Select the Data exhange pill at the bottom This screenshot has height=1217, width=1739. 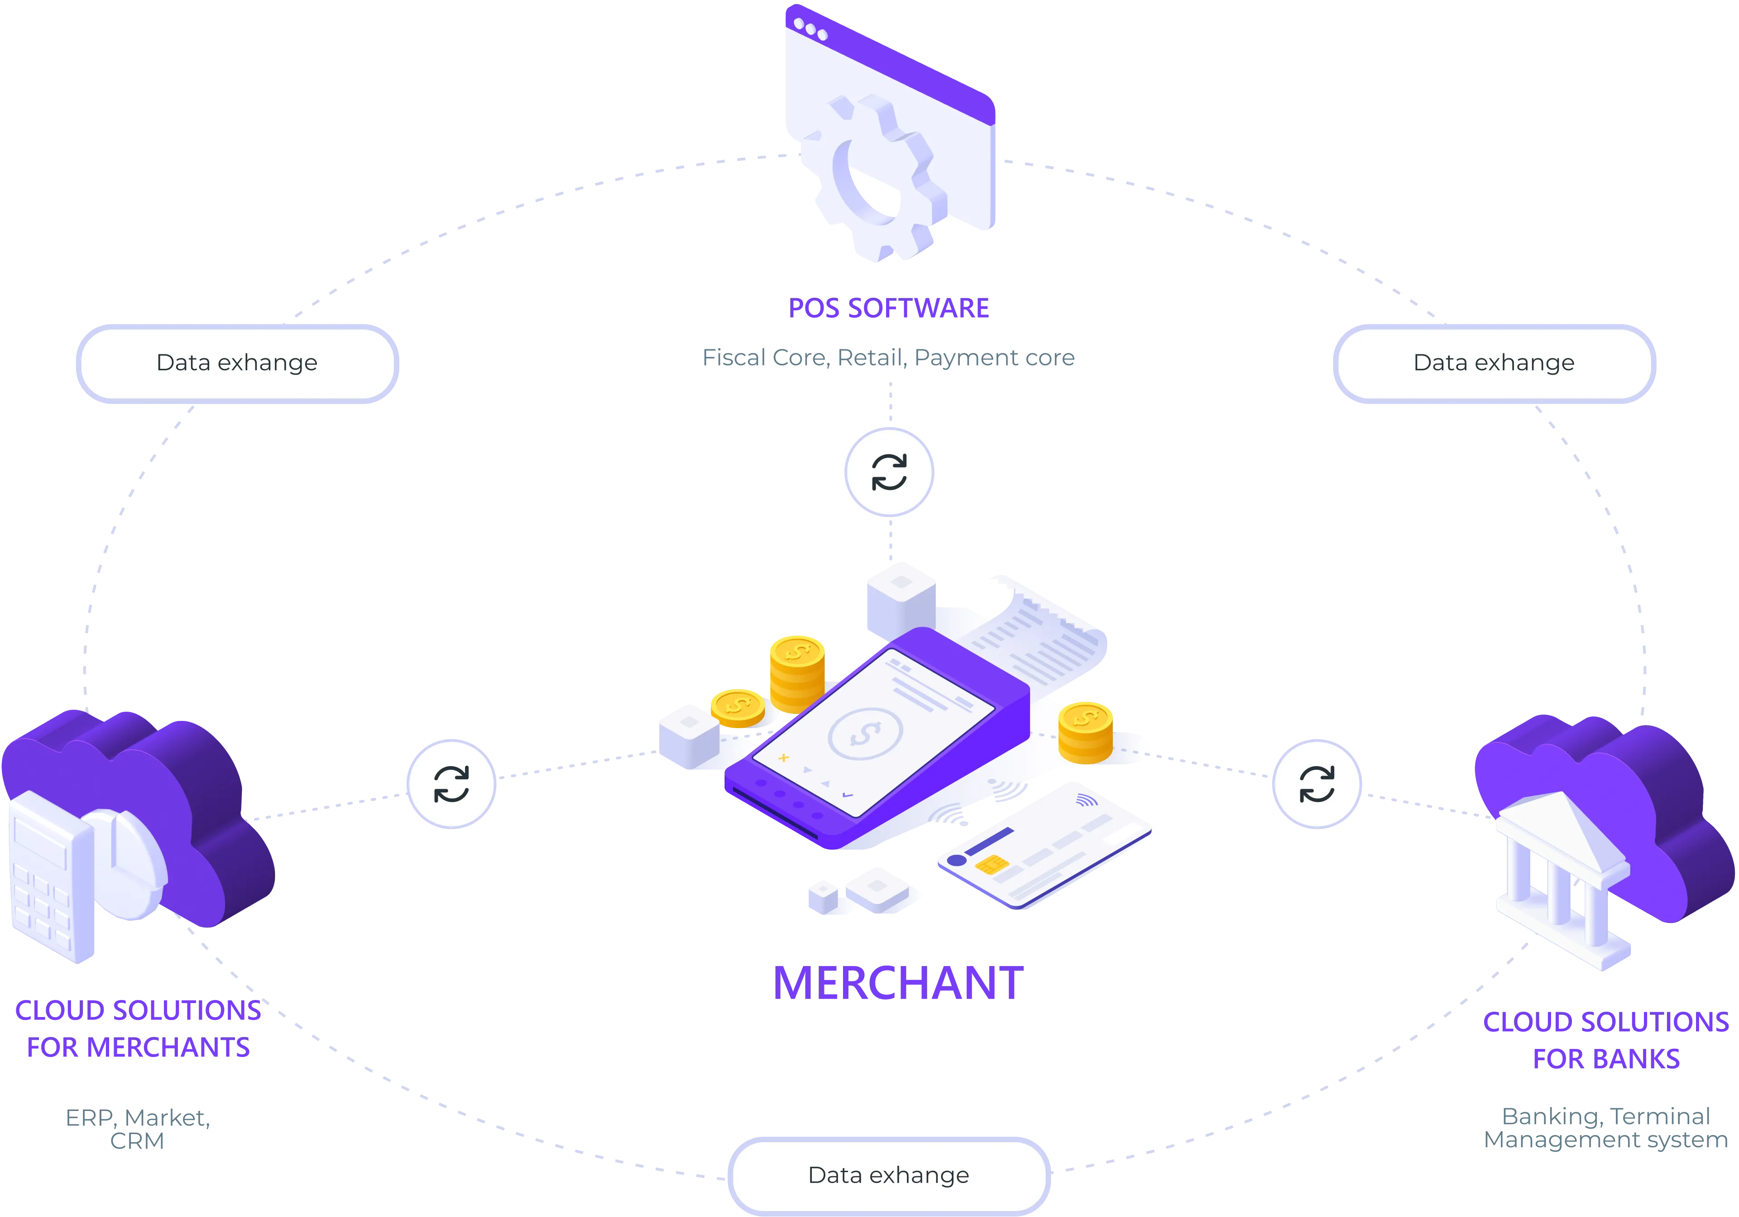click(x=888, y=1175)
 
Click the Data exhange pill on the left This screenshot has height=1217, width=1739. click(x=237, y=363)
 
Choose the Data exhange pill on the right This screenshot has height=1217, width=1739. click(x=1494, y=363)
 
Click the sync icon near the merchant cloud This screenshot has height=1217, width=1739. click(x=451, y=783)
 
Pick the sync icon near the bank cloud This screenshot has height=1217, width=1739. click(x=1317, y=783)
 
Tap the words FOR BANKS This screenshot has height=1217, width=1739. click(x=1606, y=1058)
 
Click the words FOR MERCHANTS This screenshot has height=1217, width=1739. click(x=137, y=1048)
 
